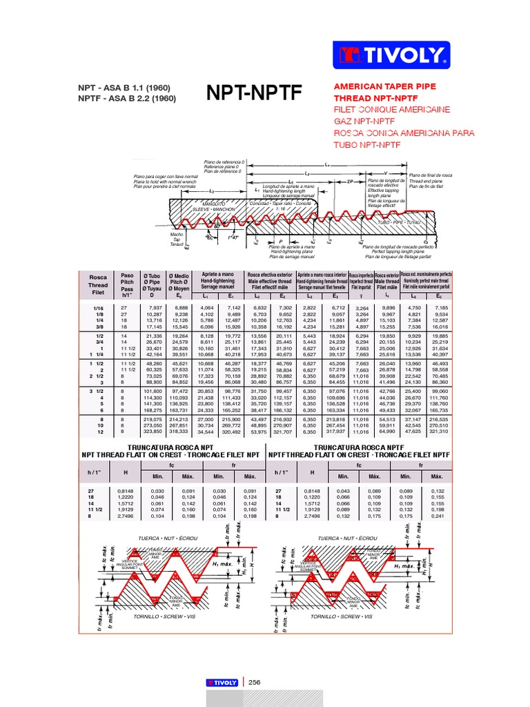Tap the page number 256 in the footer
pos(255,682)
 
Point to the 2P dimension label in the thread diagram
pos(351,181)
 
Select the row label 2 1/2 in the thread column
pos(96,376)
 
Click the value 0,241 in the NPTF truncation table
pos(437,516)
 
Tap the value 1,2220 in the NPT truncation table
pos(126,496)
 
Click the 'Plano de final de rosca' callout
pos(431,175)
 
